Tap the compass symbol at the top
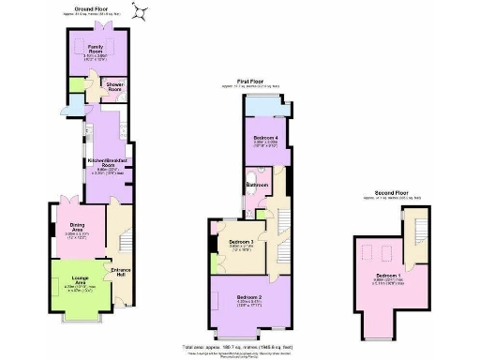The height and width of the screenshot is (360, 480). (143, 11)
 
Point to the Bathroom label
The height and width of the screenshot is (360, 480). (257, 186)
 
